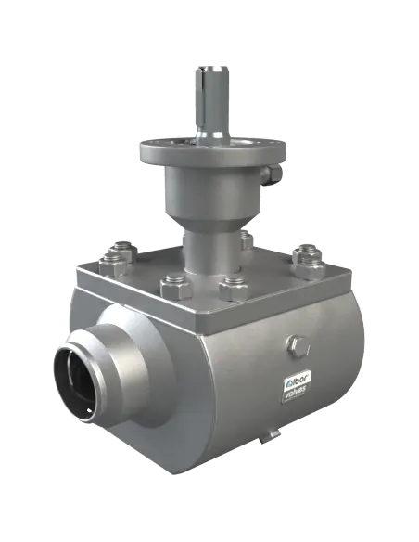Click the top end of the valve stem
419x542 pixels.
click(x=212, y=64)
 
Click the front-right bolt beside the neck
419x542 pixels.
click(x=229, y=289)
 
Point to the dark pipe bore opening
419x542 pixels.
click(x=81, y=380)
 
